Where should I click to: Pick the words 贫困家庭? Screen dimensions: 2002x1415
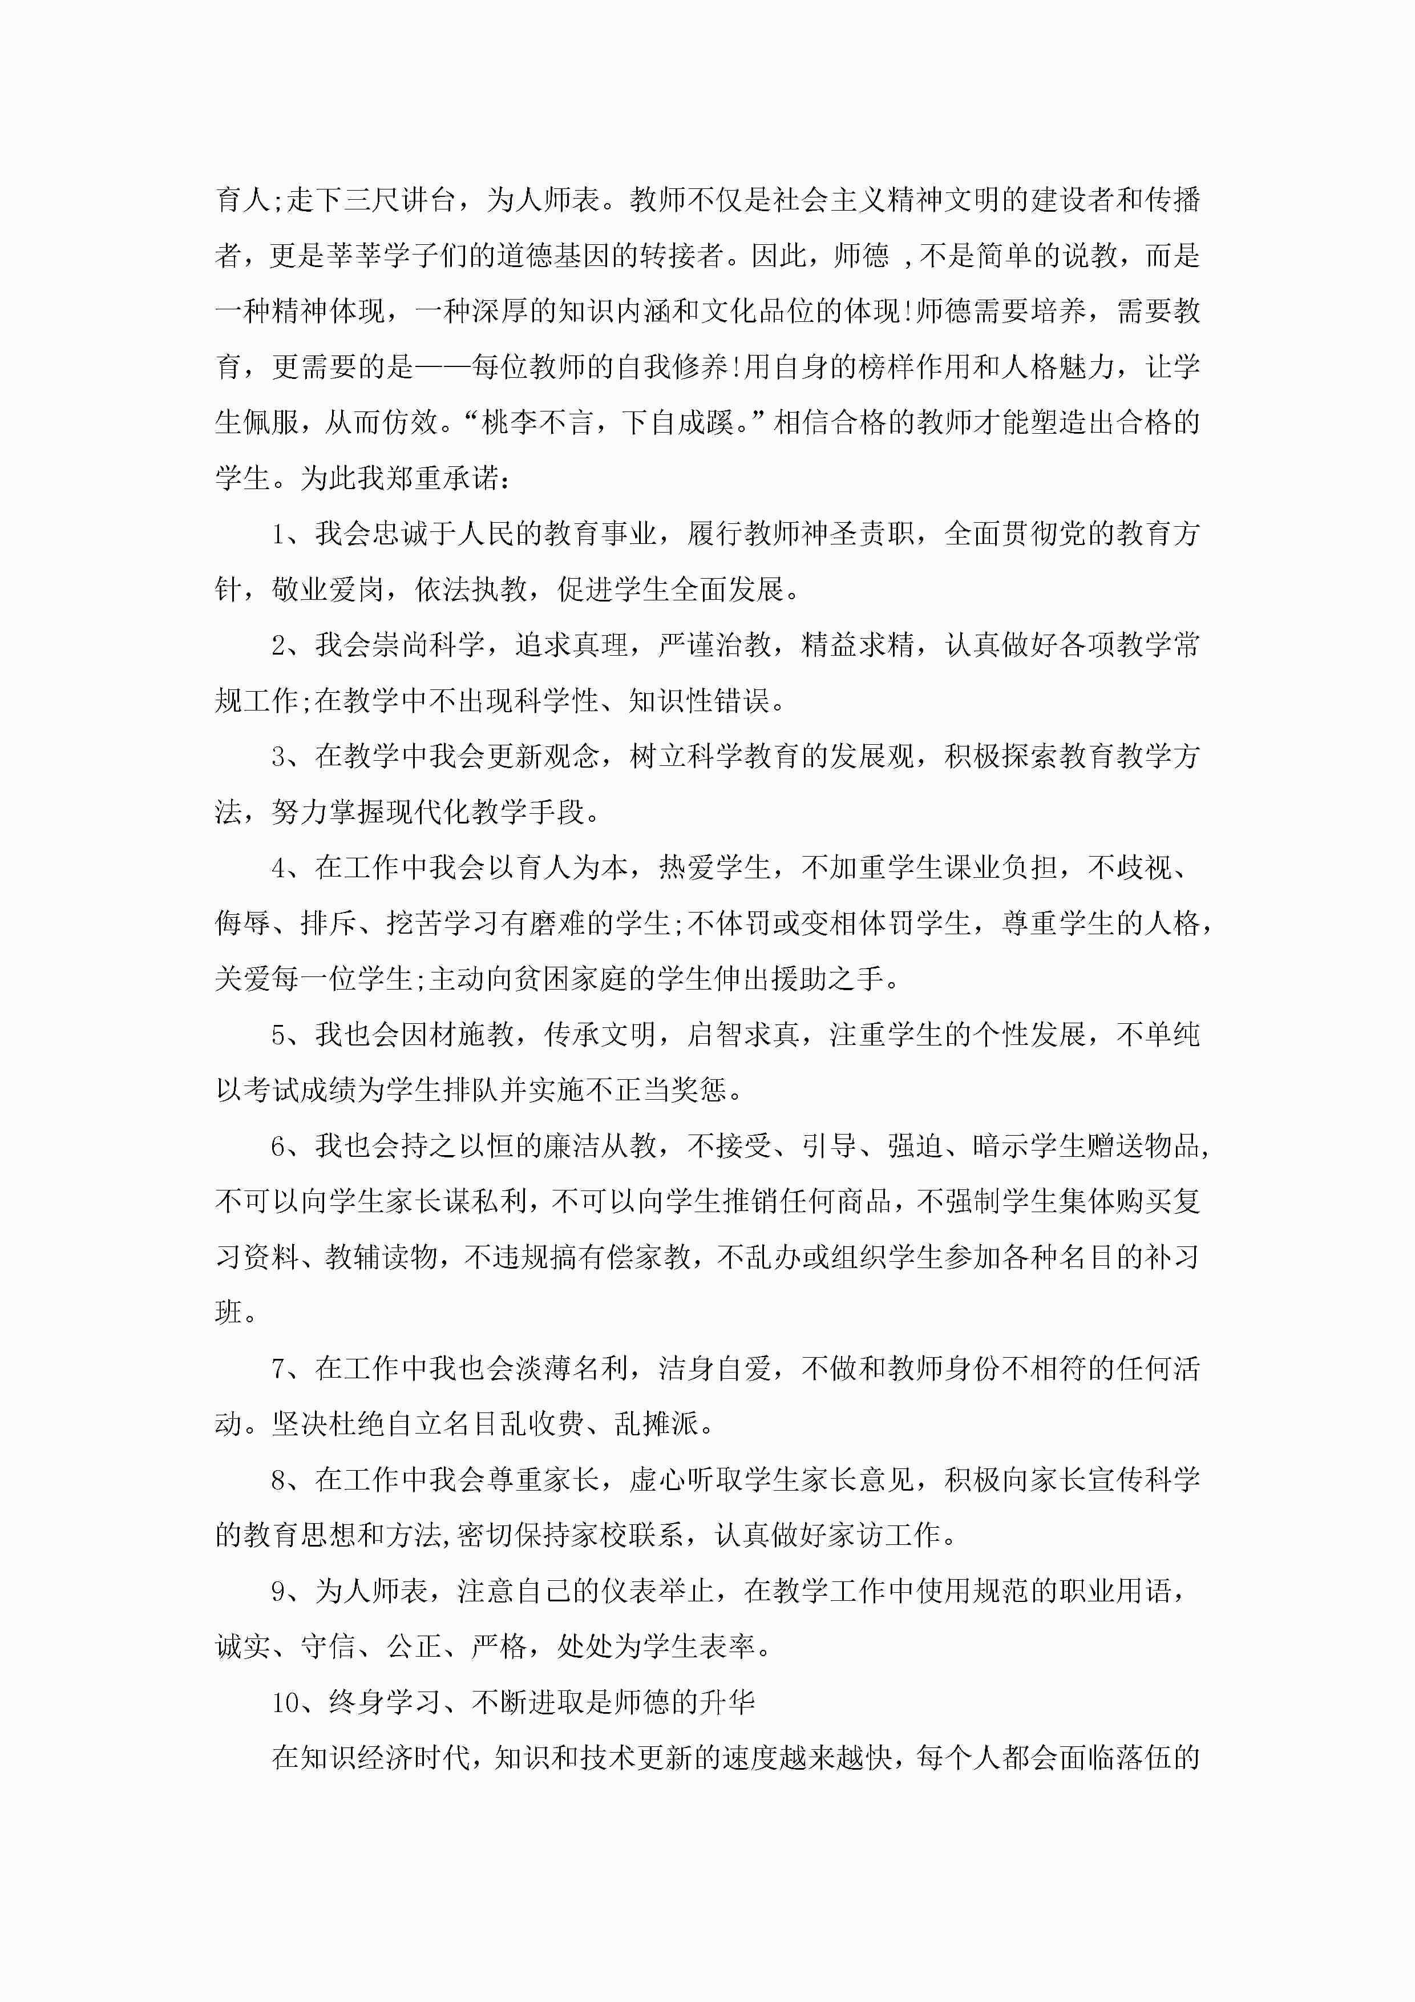(x=570, y=979)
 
